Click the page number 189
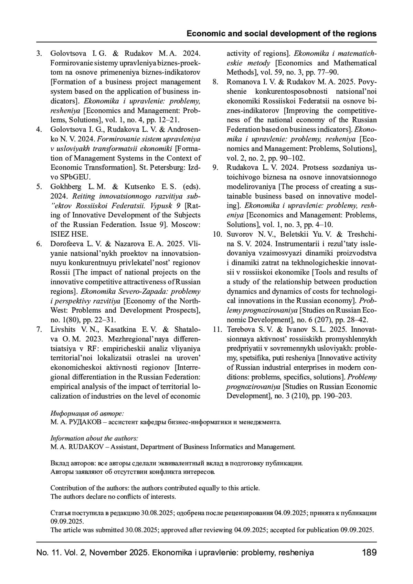point(369,553)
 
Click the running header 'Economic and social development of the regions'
point(282,34)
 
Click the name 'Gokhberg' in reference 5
point(66,187)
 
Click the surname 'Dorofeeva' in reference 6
point(68,244)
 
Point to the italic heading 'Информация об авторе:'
point(87,413)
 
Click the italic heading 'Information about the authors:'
point(94,438)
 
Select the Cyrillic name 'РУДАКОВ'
point(82,422)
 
